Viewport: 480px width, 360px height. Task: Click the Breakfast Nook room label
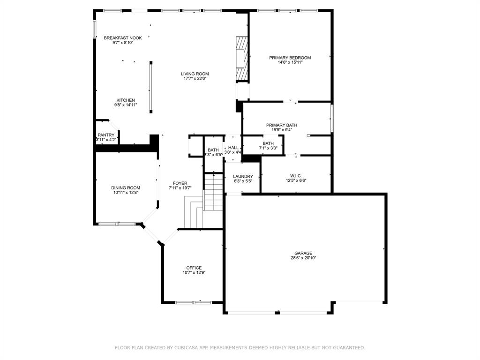(x=123, y=38)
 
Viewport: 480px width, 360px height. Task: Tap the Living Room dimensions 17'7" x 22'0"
(x=195, y=78)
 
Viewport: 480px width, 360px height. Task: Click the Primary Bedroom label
(x=290, y=58)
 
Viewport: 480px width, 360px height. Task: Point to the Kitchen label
(x=126, y=100)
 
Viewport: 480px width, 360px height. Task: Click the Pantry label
(x=106, y=135)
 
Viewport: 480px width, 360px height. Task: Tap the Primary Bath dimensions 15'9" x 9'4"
(x=282, y=129)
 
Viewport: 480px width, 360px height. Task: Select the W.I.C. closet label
(x=296, y=176)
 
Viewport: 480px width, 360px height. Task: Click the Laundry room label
(x=243, y=176)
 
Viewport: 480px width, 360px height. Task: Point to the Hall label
(x=233, y=148)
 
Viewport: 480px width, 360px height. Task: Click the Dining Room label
(x=126, y=187)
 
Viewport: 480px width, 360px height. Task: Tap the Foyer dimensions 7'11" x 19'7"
(x=180, y=187)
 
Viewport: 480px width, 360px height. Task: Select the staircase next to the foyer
(x=213, y=192)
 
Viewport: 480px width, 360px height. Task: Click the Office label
(x=194, y=268)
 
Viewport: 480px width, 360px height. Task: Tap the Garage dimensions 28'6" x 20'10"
(x=303, y=258)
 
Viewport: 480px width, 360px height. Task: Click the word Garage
(x=303, y=253)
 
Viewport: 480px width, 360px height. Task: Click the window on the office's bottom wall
(x=194, y=302)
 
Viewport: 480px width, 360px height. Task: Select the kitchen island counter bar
(x=151, y=87)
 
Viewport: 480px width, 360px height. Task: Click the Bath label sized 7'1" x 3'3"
(x=268, y=143)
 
